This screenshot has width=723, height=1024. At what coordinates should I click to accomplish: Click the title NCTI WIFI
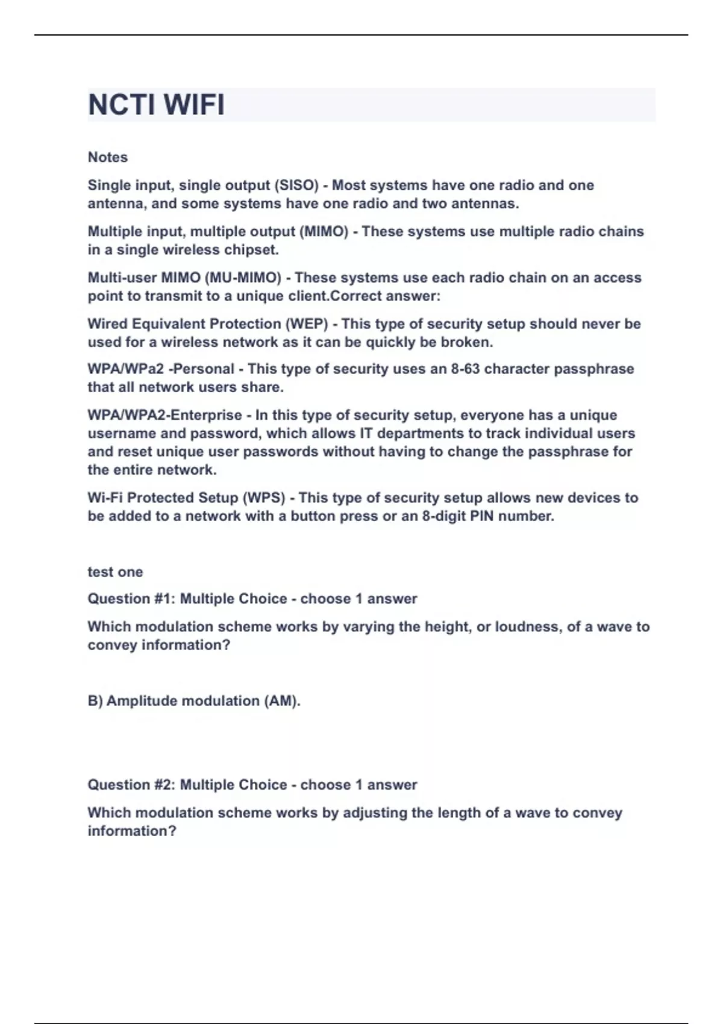[x=156, y=105]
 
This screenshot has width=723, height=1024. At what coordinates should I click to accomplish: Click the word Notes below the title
[x=108, y=157]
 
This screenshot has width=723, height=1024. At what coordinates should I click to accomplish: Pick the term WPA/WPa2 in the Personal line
[x=125, y=369]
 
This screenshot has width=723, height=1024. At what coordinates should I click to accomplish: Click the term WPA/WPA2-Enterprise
[x=164, y=415]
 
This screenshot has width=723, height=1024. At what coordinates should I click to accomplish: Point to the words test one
[x=115, y=572]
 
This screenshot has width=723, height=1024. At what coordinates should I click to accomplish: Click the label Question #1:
[x=131, y=599]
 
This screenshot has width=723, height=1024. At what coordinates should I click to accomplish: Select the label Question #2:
[x=131, y=785]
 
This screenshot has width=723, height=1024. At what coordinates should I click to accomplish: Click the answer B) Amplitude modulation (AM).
[x=194, y=701]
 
